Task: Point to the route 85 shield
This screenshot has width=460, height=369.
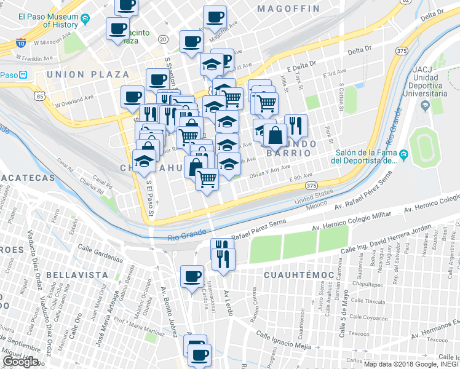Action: [40, 96]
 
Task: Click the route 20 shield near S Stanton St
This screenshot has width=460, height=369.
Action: [162, 39]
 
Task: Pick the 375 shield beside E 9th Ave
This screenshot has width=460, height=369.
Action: [311, 185]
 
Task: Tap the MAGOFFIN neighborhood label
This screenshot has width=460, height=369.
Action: [288, 9]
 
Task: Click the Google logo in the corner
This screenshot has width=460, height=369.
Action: [20, 362]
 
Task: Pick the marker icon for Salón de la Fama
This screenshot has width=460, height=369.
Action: [402, 154]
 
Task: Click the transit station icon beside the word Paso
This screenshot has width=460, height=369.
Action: [23, 75]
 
